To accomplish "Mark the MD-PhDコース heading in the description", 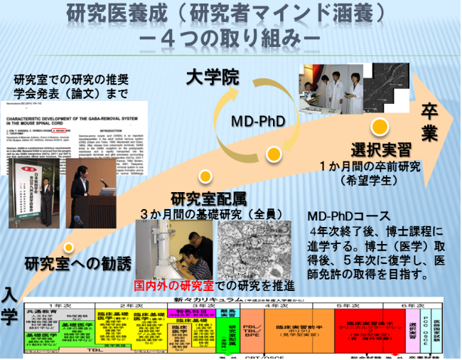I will [x=343, y=216].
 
